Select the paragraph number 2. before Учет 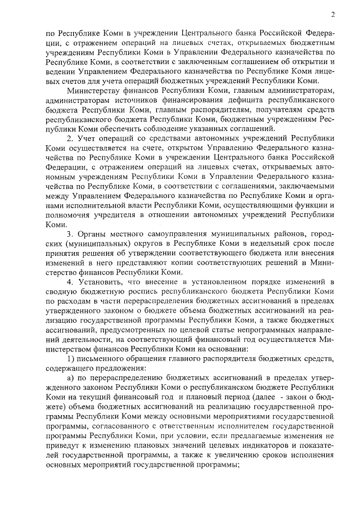[70, 139]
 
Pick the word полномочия [69, 216]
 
